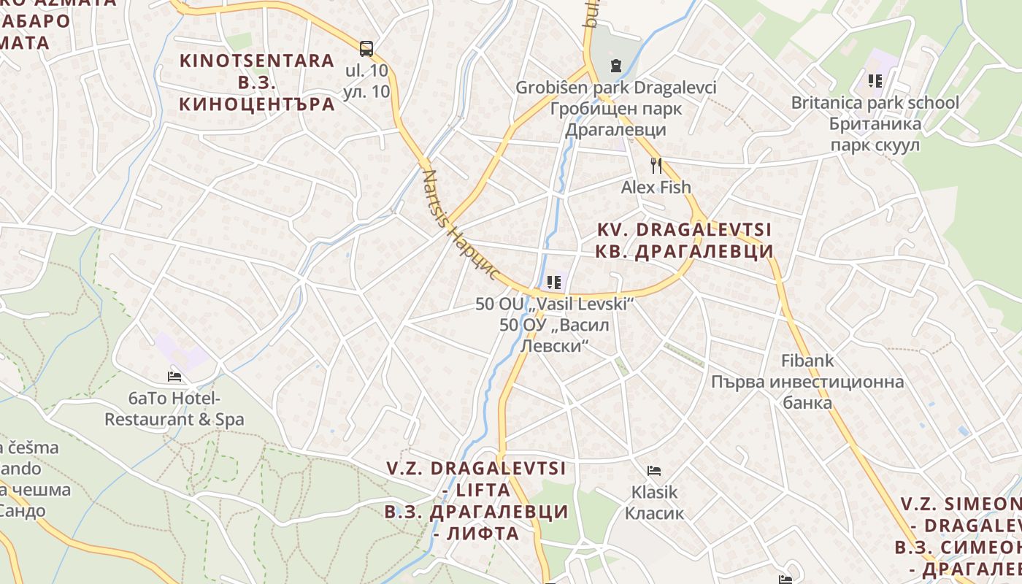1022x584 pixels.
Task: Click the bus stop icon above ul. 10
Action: [x=366, y=49]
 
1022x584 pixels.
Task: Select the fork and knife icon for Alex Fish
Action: [x=656, y=166]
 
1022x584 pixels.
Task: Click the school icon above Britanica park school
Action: [x=875, y=81]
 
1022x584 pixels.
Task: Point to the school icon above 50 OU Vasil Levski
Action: [x=554, y=282]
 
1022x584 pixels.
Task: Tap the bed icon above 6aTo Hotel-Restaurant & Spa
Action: [x=174, y=377]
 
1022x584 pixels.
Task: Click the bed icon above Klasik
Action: [x=654, y=471]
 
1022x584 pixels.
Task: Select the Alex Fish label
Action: [x=656, y=188]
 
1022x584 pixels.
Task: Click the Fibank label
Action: [x=807, y=361]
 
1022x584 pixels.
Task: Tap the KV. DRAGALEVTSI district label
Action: [x=685, y=240]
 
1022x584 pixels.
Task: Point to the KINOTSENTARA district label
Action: [x=257, y=82]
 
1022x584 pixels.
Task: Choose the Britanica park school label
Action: [x=875, y=123]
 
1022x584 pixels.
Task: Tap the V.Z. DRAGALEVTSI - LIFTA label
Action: [x=476, y=500]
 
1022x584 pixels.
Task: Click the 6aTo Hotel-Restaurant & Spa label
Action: [x=174, y=409]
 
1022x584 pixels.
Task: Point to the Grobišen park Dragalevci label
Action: [x=616, y=109]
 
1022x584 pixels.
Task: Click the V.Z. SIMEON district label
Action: [x=960, y=536]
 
